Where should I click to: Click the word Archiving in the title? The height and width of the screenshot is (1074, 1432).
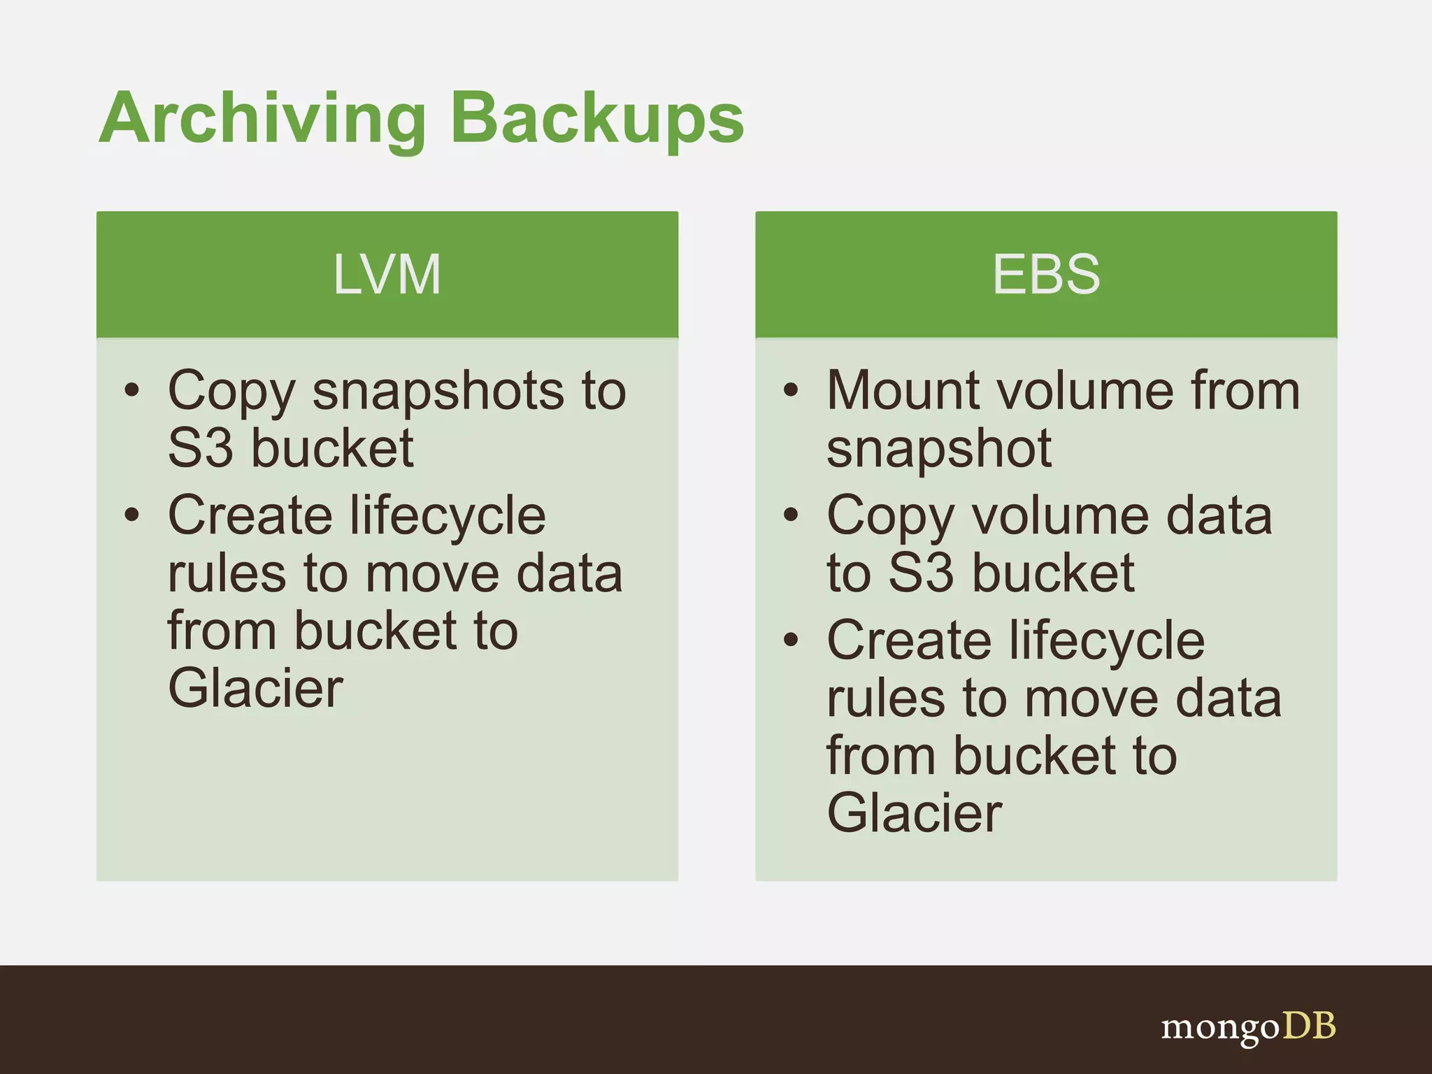[x=262, y=119]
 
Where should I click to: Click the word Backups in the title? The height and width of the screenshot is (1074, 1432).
[x=598, y=119]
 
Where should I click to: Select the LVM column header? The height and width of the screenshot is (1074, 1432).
[x=387, y=274]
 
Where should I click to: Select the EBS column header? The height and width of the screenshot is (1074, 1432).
[x=1046, y=274]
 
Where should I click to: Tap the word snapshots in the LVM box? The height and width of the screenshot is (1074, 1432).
[x=438, y=392]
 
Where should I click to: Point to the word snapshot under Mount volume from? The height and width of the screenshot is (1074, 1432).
[x=938, y=450]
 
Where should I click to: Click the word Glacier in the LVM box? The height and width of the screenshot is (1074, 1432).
[x=256, y=689]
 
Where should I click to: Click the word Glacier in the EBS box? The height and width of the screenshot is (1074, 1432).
[x=915, y=813]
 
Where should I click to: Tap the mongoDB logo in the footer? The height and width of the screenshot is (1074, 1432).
[x=1248, y=1028]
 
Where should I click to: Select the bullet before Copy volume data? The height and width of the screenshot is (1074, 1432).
[x=791, y=515]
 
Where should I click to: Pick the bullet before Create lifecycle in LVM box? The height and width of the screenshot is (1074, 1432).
[x=132, y=515]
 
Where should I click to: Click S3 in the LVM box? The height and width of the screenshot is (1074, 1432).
[x=200, y=448]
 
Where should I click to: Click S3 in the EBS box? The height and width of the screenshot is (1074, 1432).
[x=921, y=573]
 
